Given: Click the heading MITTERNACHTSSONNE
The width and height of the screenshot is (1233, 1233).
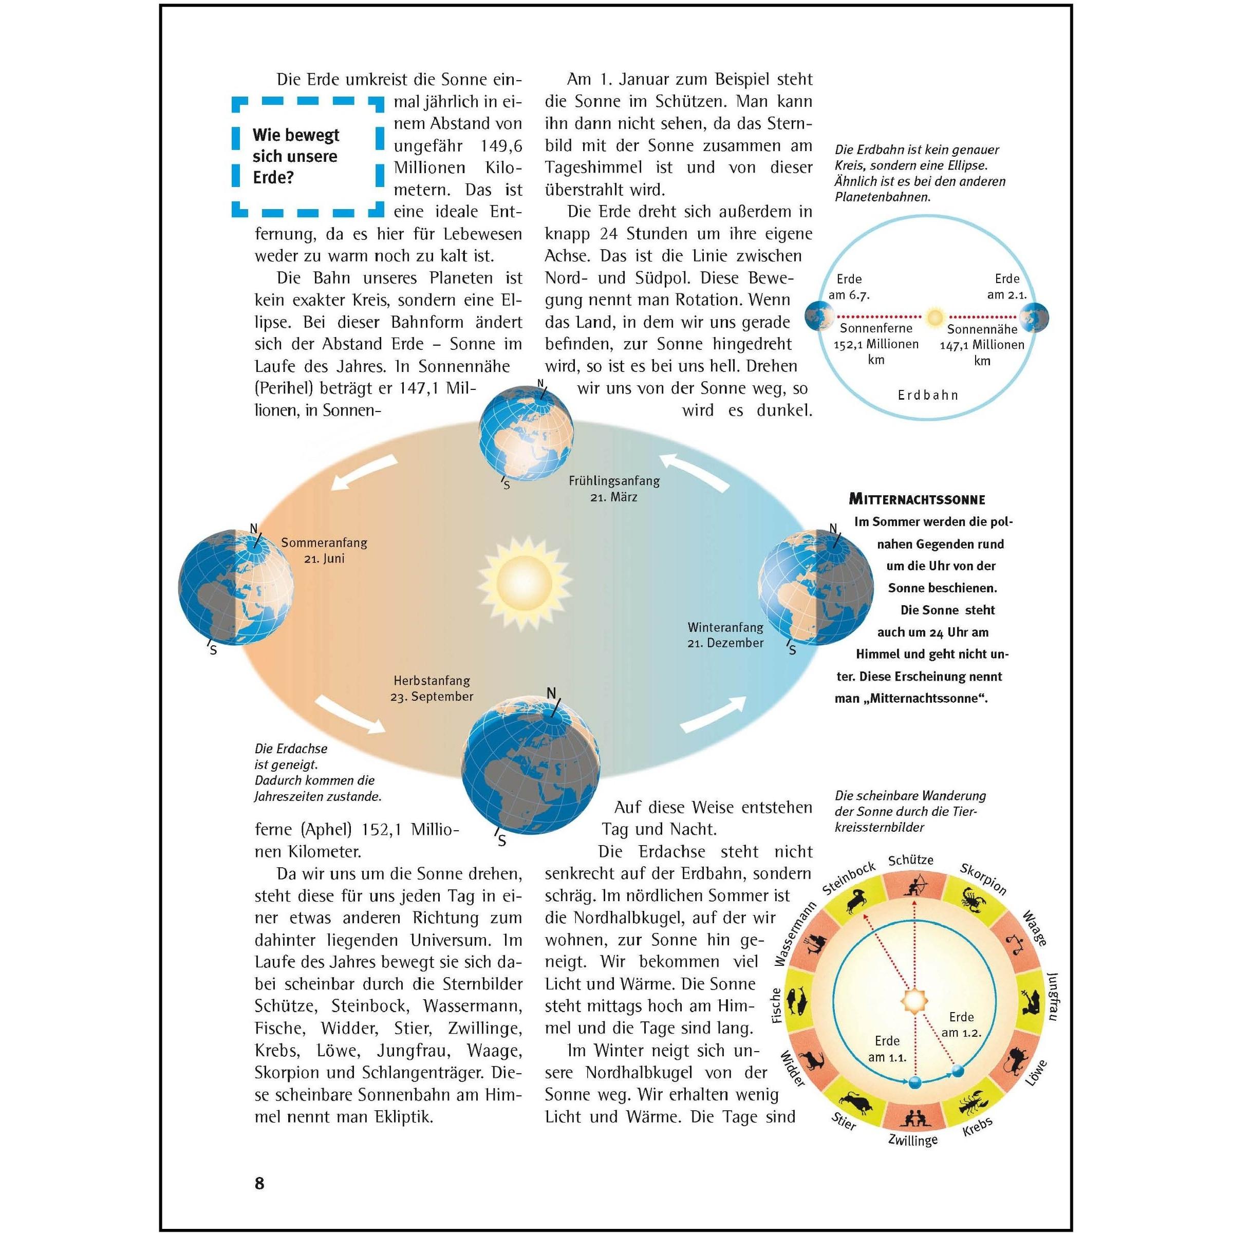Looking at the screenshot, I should click(x=918, y=500).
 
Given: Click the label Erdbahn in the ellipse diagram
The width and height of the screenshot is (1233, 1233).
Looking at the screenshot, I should click(x=928, y=395).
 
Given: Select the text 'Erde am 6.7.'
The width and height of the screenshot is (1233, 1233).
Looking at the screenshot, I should click(x=849, y=287).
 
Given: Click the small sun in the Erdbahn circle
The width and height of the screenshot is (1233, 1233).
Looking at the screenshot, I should click(x=935, y=316).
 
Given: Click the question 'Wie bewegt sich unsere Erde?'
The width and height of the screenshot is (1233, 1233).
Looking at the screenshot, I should click(x=295, y=156).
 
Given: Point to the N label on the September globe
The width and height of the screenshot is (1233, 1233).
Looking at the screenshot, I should click(x=551, y=693).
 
